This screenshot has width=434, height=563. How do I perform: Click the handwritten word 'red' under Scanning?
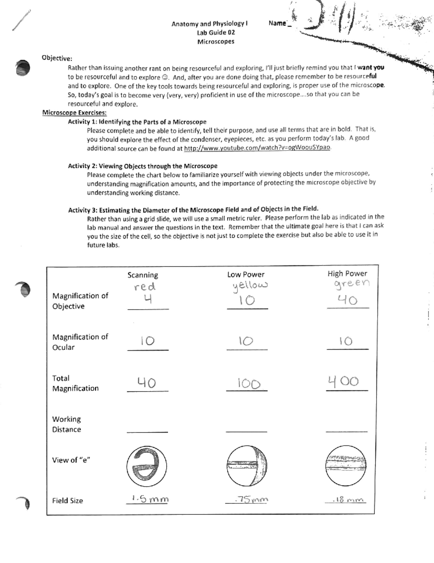click(145, 287)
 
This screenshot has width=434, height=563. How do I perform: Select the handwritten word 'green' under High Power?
click(352, 283)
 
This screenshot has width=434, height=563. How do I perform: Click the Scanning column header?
click(142, 275)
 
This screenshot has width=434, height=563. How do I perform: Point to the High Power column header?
click(347, 274)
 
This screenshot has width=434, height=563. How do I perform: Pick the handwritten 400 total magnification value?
click(343, 381)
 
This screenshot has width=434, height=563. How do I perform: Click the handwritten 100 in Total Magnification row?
click(249, 383)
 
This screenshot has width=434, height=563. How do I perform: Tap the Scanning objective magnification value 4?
click(147, 300)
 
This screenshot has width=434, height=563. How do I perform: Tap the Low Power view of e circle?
click(247, 466)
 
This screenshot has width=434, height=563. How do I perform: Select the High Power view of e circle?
click(346, 466)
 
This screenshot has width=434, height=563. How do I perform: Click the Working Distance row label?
click(67, 424)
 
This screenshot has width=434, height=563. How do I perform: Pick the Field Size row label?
click(67, 501)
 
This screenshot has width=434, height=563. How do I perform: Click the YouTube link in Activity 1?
click(257, 148)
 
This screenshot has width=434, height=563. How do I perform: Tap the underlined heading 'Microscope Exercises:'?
click(74, 113)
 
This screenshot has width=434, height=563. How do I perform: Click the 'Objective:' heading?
click(57, 58)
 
